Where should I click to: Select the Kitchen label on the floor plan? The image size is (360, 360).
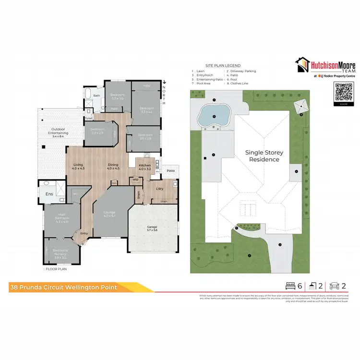click(144, 167)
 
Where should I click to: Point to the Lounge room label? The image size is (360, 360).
click(110, 214)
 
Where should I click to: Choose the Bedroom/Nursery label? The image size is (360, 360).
click(60, 252)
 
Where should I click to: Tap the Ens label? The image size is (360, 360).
click(49, 193)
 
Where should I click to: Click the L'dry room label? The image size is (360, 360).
click(160, 188)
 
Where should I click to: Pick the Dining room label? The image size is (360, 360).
click(113, 167)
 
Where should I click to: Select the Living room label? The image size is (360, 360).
click(78, 167)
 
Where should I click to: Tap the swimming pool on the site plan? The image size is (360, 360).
click(214, 114)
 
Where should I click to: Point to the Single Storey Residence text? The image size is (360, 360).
click(262, 156)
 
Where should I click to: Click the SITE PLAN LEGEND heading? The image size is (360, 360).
click(223, 65)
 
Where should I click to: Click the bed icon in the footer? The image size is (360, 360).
click(290, 286)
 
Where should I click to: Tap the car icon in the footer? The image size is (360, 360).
click(335, 286)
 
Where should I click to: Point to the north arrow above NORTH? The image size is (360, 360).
click(164, 83)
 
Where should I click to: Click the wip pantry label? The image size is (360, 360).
click(135, 180)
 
